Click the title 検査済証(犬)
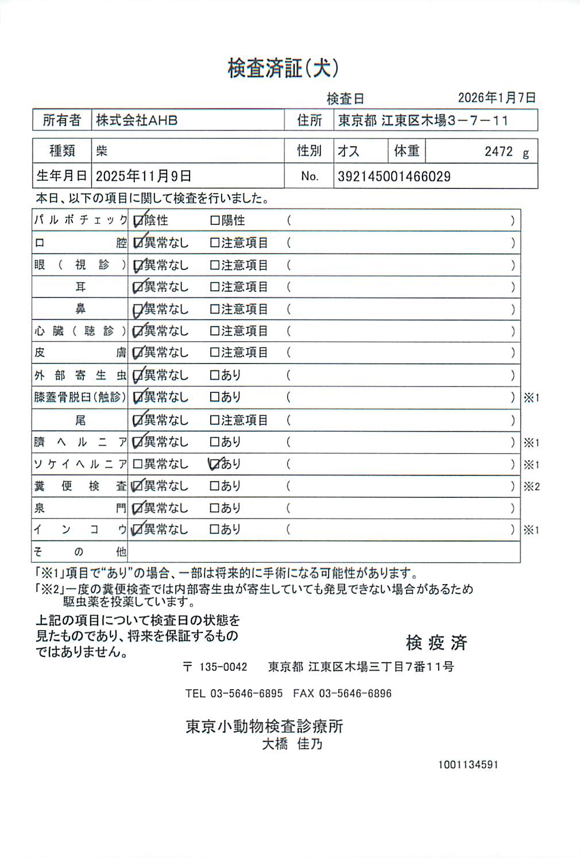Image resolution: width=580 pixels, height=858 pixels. pos(283,68)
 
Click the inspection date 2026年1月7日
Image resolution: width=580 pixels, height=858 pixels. pos(497,98)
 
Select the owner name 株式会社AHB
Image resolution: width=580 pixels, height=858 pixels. pos(137,121)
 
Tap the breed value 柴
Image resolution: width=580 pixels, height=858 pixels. pos(102,151)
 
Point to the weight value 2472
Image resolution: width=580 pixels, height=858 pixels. pos(498,152)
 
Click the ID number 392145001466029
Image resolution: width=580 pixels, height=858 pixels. pos(394,176)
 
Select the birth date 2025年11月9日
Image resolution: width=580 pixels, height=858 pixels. pos(144,176)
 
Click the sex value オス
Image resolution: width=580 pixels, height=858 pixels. pos(349,151)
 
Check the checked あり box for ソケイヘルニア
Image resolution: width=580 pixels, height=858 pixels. pos(214,463)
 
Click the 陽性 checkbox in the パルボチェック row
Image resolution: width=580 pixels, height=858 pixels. pos(214,221)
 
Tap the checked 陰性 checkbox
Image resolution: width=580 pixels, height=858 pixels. pos(138,221)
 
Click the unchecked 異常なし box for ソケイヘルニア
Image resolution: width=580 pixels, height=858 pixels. pos(137,464)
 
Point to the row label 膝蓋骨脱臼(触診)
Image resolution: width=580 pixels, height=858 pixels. pos(80,397)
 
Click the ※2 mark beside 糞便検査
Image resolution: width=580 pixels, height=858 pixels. pos(531,486)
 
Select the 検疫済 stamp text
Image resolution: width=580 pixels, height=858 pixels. pos(436,643)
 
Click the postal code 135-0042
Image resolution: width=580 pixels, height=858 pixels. pos(223,667)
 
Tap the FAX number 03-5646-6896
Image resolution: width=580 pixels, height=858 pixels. pos(355,693)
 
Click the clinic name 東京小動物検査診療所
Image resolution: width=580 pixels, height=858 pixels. pos(264,726)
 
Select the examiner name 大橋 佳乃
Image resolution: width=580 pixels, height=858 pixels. pos(292,744)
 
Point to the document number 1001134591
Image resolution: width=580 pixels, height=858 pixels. pos(468,764)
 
